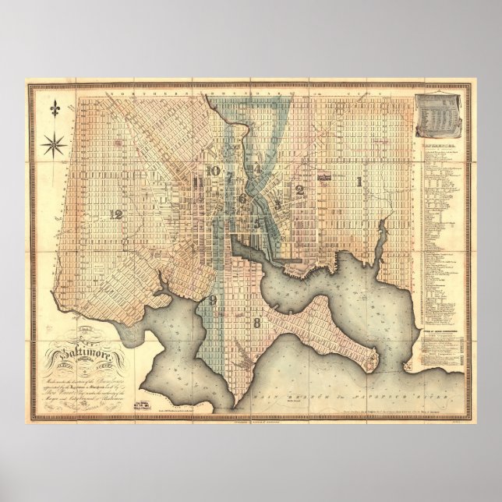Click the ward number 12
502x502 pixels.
click(117, 214)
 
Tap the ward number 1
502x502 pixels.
click(359, 182)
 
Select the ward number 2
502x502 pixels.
click(299, 189)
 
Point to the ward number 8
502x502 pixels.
click(255, 321)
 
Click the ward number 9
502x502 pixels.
click(212, 299)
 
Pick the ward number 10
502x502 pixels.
click(210, 171)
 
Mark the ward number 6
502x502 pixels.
click(242, 199)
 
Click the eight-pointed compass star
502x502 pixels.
click(56, 143)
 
